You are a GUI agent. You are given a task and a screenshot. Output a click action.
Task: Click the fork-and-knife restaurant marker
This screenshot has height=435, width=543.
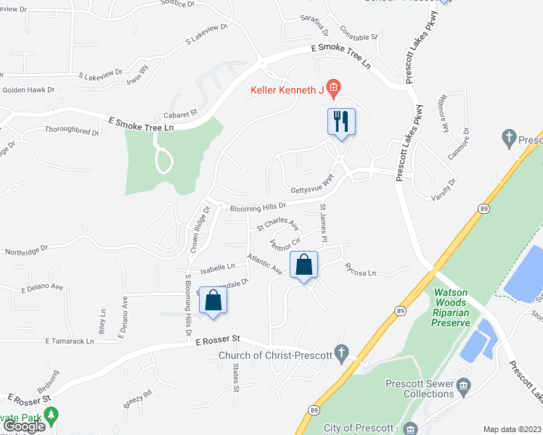[341, 121]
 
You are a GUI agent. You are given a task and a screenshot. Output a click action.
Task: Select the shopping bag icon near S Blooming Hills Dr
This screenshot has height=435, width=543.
[213, 300]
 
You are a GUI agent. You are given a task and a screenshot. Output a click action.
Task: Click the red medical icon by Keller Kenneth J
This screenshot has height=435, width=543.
[333, 89]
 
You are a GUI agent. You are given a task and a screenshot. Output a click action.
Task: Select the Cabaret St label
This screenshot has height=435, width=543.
[180, 113]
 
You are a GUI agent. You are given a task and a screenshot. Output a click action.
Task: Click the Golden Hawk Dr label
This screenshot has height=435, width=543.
[29, 90]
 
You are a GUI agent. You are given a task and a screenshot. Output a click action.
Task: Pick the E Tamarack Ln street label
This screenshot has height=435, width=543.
[70, 341]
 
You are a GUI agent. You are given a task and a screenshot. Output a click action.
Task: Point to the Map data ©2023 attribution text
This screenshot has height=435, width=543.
[513, 429]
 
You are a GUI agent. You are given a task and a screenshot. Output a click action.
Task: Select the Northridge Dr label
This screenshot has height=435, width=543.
[26, 248]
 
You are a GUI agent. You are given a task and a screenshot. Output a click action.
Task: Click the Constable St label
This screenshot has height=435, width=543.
[360, 36]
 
